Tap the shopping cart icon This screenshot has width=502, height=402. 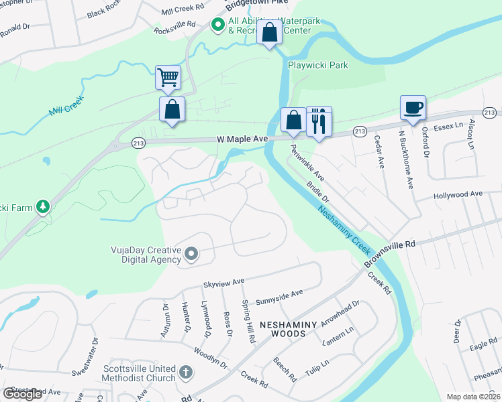click(x=168, y=76)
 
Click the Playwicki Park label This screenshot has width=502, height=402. click(x=318, y=66)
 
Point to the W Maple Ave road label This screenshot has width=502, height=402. click(x=242, y=139)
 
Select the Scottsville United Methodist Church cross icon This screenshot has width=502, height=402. click(x=187, y=371)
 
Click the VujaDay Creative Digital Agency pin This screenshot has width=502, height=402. click(x=191, y=253)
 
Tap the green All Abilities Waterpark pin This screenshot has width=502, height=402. click(x=217, y=25)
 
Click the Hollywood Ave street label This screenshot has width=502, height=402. click(x=458, y=194)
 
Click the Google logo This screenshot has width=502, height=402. click(x=22, y=394)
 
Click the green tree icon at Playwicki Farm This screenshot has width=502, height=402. click(x=43, y=207)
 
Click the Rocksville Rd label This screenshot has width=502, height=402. click(x=174, y=30)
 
